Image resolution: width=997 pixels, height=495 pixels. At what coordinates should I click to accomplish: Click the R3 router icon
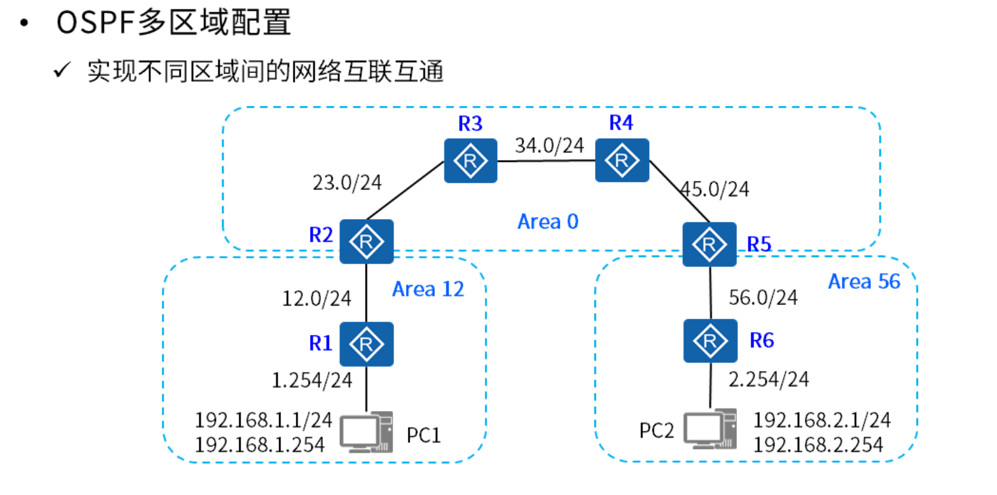[470, 160]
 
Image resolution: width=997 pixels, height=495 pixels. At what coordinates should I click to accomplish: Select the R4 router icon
[621, 160]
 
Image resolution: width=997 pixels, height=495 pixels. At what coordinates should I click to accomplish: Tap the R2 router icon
[366, 241]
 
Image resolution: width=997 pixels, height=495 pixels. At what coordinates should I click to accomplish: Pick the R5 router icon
[709, 243]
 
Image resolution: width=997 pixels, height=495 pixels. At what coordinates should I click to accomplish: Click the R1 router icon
[366, 344]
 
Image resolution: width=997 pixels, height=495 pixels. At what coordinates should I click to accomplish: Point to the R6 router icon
[710, 341]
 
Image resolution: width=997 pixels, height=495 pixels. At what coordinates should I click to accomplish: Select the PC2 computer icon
[709, 429]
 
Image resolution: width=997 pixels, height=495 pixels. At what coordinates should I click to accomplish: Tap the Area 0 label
[548, 221]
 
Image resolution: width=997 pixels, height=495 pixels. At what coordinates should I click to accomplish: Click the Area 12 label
[428, 289]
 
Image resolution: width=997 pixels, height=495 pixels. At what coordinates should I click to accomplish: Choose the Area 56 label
[864, 281]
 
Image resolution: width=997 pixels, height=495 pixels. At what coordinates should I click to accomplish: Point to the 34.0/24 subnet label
[549, 145]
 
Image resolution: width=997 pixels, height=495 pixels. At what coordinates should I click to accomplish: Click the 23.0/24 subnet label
[347, 183]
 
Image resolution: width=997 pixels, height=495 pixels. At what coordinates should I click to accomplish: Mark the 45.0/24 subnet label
[715, 189]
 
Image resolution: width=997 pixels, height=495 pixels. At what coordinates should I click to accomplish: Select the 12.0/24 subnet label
[317, 298]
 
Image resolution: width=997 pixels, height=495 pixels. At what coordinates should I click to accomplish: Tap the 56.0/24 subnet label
[763, 297]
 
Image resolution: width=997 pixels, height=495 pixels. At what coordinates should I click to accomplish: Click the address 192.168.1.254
[259, 444]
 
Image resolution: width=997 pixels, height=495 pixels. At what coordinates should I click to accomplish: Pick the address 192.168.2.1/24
[821, 420]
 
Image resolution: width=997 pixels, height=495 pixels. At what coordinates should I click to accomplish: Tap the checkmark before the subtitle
[63, 70]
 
